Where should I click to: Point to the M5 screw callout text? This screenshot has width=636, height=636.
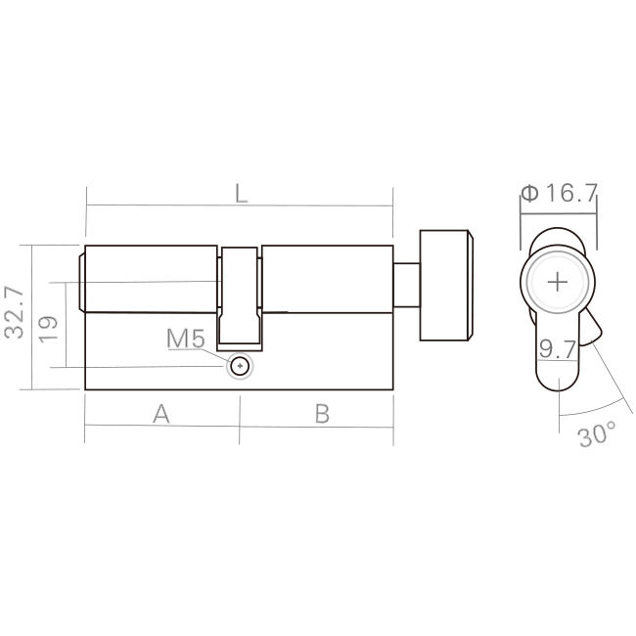click(185, 340)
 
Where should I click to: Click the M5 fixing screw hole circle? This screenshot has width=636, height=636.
click(240, 366)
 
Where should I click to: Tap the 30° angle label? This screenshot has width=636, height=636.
click(596, 434)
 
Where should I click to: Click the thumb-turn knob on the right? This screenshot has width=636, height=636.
click(446, 286)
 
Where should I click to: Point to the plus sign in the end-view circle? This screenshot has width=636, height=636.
click(558, 282)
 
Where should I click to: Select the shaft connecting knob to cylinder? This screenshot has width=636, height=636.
click(406, 286)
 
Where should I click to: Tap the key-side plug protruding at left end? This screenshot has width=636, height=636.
click(81, 279)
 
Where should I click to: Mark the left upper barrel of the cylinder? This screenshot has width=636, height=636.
click(152, 279)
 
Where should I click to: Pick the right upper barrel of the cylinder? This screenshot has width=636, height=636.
click(328, 279)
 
